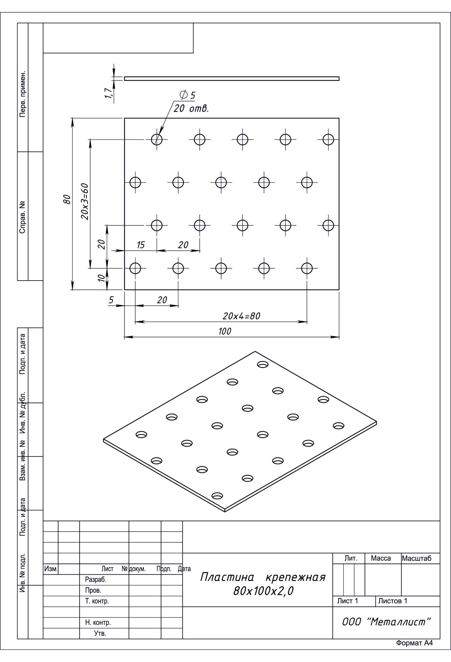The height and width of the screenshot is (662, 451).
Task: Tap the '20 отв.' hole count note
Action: click(x=191, y=109)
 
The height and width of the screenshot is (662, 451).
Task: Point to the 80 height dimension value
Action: click(x=67, y=199)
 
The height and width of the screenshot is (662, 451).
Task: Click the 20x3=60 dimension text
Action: click(x=85, y=201)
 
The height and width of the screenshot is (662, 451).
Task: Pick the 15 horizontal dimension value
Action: click(x=140, y=245)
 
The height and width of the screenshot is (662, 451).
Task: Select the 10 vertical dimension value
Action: click(x=101, y=278)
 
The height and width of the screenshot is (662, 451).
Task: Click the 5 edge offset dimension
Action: click(x=111, y=300)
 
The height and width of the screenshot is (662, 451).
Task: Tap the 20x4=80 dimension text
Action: click(x=241, y=316)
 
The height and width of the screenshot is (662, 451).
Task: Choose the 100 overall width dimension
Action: click(x=225, y=331)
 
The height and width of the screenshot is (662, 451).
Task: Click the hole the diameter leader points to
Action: click(x=157, y=140)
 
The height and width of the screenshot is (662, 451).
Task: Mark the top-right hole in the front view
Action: click(x=328, y=140)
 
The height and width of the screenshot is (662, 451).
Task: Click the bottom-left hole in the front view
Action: click(x=135, y=268)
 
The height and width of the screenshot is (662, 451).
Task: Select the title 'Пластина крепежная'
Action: click(x=263, y=577)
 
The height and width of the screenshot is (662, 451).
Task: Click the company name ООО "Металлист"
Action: click(x=386, y=622)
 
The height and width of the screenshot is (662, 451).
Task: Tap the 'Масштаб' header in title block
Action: click(x=417, y=559)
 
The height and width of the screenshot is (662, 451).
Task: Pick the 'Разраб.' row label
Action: click(x=96, y=580)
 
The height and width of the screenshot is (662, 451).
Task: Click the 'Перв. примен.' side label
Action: click(x=23, y=93)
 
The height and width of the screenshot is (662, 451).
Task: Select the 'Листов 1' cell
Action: click(x=393, y=601)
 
